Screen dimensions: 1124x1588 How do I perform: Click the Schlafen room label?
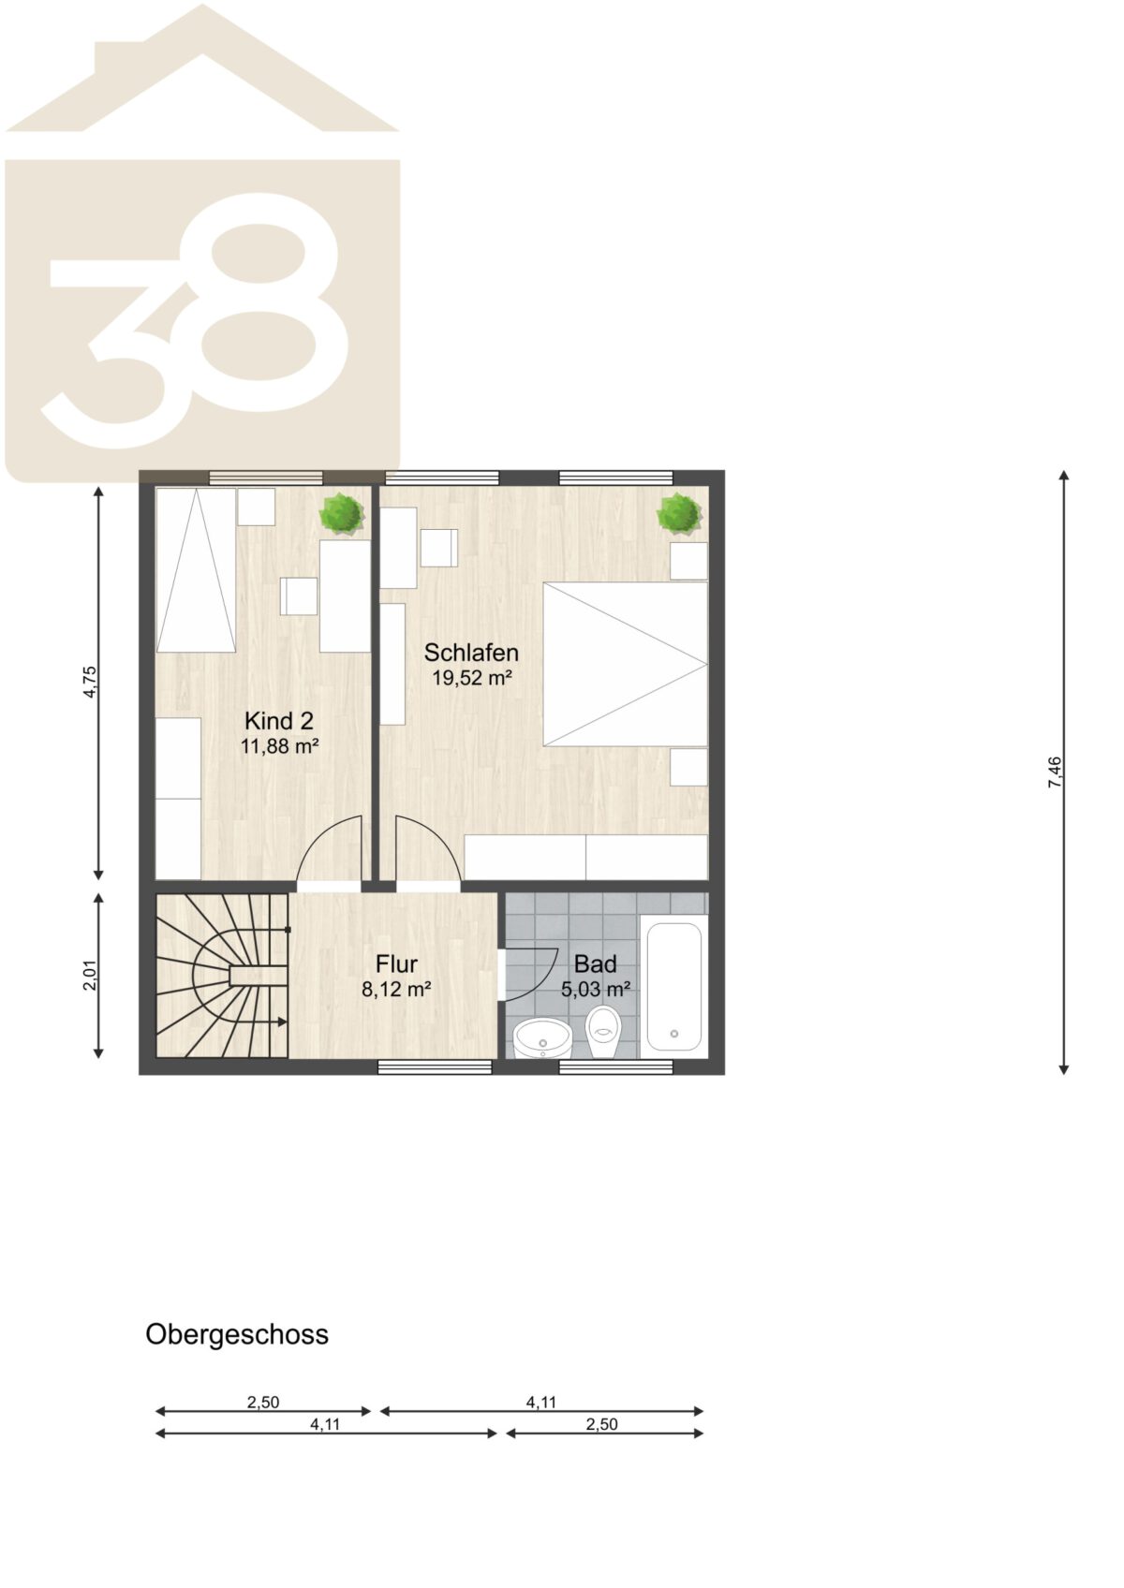coord(471,653)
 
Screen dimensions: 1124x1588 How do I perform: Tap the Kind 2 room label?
coord(279,721)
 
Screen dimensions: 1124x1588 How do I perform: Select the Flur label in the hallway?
coord(396,964)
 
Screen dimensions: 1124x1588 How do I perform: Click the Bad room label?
coord(595,964)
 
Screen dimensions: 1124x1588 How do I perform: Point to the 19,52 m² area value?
coord(472,678)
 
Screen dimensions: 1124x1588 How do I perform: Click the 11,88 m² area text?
coord(279,746)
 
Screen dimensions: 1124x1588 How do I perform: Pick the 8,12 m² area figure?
coord(397,990)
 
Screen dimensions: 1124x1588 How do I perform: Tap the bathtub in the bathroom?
coord(673,986)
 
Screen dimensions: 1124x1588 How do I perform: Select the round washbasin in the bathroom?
coord(542,1039)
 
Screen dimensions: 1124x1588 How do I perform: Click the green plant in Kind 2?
coord(343,511)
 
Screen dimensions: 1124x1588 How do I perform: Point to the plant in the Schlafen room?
coord(680,513)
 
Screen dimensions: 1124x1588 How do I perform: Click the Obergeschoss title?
coord(237,1334)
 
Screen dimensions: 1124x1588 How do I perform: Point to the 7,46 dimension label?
coord(1055,772)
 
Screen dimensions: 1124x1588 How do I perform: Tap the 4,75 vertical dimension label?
coord(90,682)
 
